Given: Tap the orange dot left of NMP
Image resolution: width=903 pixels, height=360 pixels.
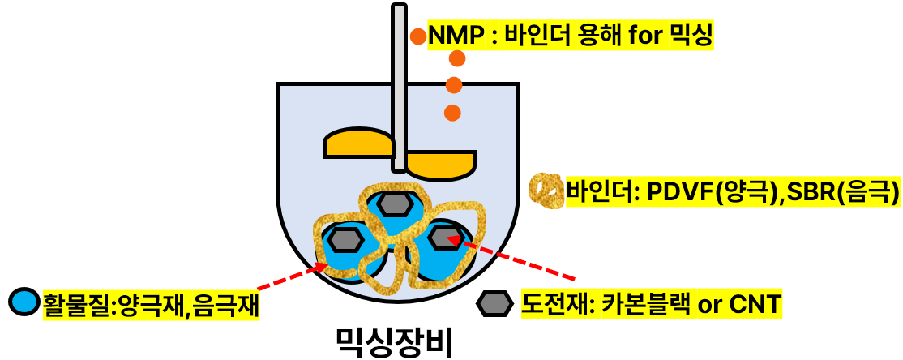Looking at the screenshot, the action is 417,36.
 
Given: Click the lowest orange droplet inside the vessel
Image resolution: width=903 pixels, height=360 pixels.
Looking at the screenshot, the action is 452,113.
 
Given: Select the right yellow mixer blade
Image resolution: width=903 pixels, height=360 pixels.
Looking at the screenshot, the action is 439,164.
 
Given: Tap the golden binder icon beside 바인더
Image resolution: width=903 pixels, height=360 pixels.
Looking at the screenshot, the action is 546,191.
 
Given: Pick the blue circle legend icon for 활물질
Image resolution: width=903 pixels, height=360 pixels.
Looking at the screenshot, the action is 24,302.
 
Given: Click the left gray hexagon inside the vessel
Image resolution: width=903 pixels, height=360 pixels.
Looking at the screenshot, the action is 346,239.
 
